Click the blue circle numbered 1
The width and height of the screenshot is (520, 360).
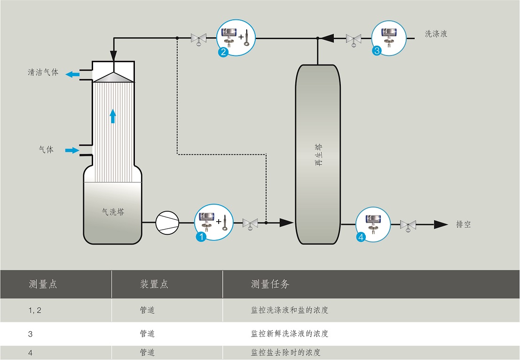click(201, 237)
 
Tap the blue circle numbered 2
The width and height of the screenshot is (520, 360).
click(223, 52)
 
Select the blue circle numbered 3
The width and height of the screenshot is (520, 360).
click(377, 51)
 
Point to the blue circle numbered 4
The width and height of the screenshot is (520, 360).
click(361, 237)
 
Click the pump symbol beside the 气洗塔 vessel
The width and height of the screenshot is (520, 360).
click(167, 222)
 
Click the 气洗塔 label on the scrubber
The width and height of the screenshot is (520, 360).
click(113, 212)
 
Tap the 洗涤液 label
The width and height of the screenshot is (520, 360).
click(436, 33)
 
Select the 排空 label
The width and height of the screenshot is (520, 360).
click(463, 224)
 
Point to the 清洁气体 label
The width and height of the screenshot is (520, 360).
click(43, 72)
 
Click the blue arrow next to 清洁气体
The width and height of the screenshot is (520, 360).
click(72, 74)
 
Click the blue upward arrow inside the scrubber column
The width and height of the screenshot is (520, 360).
click(113, 116)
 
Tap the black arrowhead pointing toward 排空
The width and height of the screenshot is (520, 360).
click(441, 224)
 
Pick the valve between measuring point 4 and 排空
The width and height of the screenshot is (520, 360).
click(408, 225)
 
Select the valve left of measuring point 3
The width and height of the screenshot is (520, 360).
click(354, 40)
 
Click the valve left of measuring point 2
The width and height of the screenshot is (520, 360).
click(199, 39)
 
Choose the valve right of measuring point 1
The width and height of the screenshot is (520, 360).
click(250, 224)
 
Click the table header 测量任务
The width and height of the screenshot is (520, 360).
click(270, 284)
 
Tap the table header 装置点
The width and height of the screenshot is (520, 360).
click(154, 284)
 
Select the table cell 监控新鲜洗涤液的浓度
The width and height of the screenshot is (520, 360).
click(290, 333)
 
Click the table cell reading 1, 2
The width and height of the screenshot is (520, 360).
click(35, 310)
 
